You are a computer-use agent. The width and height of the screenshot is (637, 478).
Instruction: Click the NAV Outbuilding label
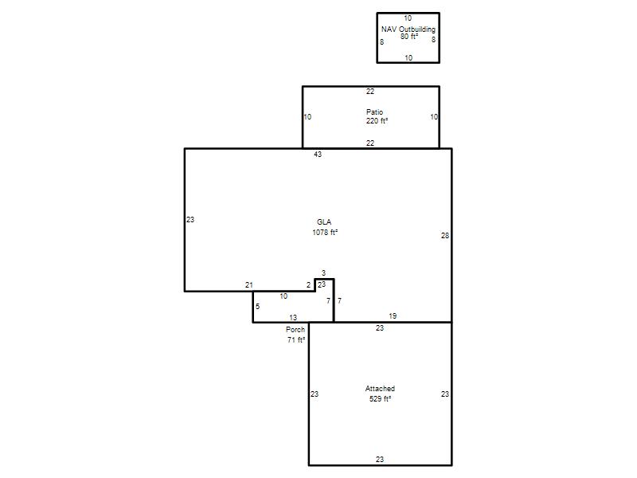(408, 29)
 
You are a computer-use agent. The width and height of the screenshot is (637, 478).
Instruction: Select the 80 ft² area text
(409, 37)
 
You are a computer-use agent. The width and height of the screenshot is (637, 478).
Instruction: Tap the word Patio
(374, 112)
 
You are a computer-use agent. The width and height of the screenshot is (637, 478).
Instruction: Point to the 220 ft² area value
(377, 121)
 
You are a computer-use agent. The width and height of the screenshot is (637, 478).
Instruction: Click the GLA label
(324, 222)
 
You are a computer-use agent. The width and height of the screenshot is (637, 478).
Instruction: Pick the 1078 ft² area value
(325, 233)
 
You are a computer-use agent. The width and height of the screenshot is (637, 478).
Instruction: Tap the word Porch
(295, 330)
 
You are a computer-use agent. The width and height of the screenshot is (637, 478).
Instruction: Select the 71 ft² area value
(296, 340)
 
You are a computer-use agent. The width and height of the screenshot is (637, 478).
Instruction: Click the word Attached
(380, 389)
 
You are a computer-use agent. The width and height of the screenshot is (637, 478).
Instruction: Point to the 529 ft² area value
(381, 399)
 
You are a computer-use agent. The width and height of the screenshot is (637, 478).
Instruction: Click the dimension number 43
(318, 155)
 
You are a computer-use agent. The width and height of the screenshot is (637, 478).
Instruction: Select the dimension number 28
(445, 235)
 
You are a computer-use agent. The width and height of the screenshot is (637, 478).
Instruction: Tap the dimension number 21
(249, 285)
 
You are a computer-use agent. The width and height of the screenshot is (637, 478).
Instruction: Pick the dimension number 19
(393, 315)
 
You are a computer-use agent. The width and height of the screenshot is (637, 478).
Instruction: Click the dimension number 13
(293, 317)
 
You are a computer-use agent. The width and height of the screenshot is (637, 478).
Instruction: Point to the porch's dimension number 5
(257, 307)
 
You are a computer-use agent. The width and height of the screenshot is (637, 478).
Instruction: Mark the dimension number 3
(323, 272)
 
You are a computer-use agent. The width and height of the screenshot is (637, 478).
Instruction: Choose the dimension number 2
(308, 285)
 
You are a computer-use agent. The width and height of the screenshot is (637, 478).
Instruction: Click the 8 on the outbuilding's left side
(382, 42)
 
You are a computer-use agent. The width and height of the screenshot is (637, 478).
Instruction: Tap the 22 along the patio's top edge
(370, 92)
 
